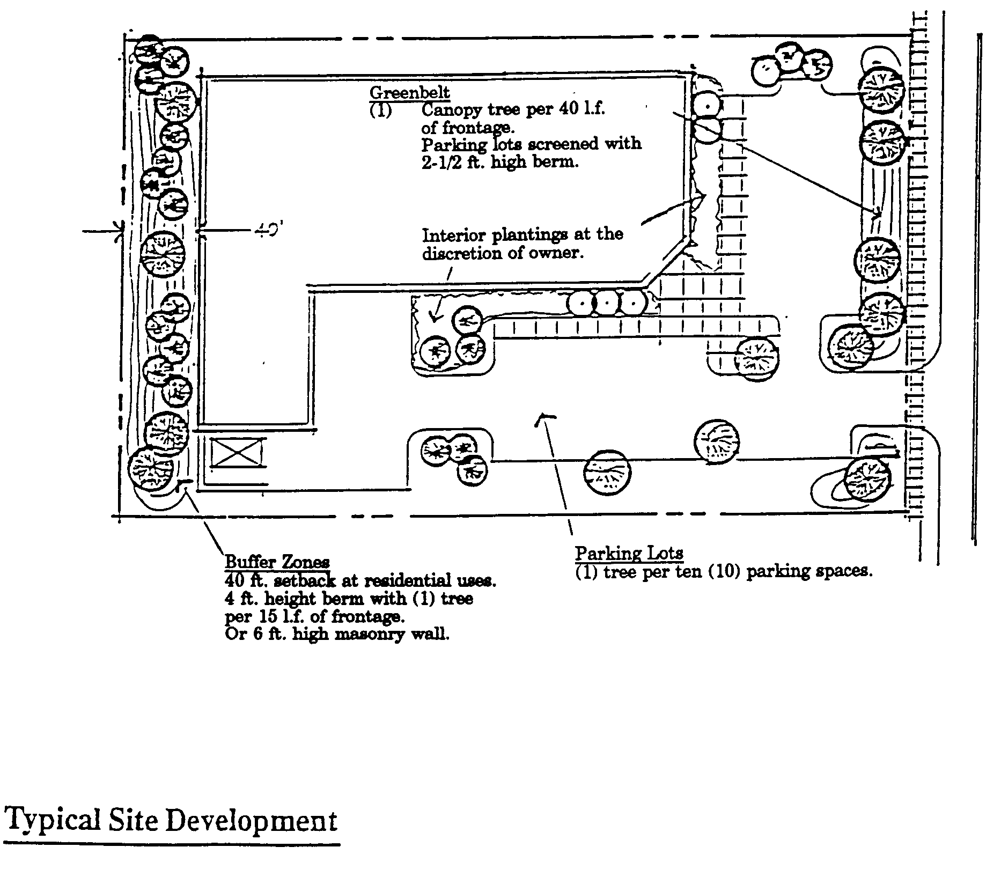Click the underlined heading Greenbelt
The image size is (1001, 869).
[x=409, y=93]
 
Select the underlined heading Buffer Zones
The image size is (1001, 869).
[x=277, y=562]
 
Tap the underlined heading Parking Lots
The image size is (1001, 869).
[x=629, y=553]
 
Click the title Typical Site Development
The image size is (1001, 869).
[x=171, y=820]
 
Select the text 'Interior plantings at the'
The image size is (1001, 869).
[x=522, y=234]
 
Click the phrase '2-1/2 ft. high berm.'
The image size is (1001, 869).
[x=500, y=162]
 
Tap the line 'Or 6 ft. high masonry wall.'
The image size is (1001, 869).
[x=337, y=634]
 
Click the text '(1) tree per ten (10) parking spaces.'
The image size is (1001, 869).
[x=724, y=571]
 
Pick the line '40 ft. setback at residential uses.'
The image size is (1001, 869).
[x=360, y=580]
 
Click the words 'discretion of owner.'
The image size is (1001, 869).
[x=502, y=253]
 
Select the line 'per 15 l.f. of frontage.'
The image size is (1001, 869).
[x=314, y=616]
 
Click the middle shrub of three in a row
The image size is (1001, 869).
[x=607, y=303]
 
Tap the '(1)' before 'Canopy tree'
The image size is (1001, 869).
[x=380, y=111]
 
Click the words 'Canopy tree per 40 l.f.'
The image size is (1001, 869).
[x=513, y=110]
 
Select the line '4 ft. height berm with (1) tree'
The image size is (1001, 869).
[x=349, y=598]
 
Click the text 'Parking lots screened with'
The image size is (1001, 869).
[x=531, y=144]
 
